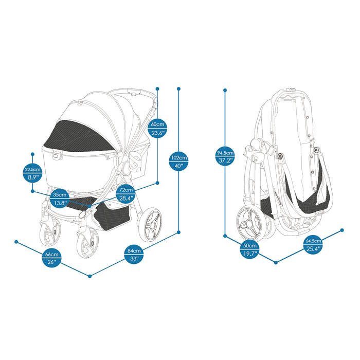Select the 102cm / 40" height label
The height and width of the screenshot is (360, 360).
[178, 162]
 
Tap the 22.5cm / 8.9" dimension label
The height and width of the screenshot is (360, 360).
[32, 173]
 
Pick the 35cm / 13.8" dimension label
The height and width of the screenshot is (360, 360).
[60, 199]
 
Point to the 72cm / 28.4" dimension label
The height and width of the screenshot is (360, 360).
[126, 194]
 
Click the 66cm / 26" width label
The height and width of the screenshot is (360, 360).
[52, 258]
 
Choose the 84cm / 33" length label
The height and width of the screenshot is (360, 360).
[134, 255]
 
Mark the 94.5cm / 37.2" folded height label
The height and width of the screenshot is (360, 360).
[225, 156]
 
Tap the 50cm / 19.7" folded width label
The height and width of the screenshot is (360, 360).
[250, 249]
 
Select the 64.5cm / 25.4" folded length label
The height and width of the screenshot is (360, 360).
[313, 245]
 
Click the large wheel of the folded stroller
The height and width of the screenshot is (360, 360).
[250, 223]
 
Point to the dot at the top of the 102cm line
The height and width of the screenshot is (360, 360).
[178, 88]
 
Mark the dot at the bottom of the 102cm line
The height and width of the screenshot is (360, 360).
[178, 232]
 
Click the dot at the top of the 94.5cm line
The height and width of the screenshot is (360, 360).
[225, 91]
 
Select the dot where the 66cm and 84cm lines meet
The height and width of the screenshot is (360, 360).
[90, 276]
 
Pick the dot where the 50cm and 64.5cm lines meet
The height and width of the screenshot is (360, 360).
[276, 262]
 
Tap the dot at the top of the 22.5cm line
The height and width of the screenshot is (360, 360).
[32, 154]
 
